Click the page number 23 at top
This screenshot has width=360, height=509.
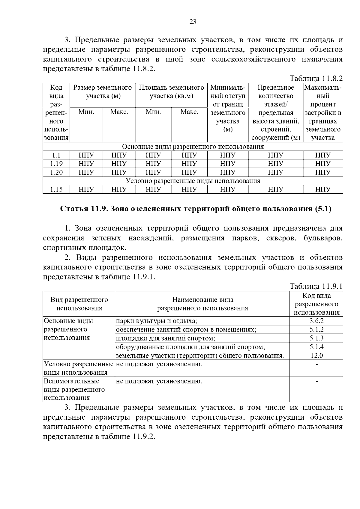click(193, 22)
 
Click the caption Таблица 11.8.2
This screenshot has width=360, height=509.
click(316, 79)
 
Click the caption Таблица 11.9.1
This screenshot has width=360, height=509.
click(316, 286)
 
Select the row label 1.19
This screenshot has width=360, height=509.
click(56, 164)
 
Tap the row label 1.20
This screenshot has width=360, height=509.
click(56, 172)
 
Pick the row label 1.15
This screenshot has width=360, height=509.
click(56, 189)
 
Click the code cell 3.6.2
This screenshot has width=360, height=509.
click(316, 321)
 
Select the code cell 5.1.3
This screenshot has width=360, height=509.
click(316, 338)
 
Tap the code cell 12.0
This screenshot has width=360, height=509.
click(316, 356)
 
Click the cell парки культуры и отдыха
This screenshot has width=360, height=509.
click(157, 321)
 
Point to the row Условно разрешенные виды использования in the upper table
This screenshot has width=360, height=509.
click(193, 181)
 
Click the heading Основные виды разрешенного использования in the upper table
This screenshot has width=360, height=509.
click(193, 147)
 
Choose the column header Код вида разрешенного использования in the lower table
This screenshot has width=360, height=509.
click(316, 304)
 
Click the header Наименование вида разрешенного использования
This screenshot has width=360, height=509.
click(202, 304)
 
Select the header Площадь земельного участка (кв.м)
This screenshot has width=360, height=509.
click(171, 92)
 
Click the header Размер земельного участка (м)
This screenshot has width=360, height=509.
click(103, 92)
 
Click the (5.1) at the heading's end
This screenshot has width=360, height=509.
click(323, 209)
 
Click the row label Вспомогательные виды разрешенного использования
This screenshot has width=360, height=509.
click(74, 389)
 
